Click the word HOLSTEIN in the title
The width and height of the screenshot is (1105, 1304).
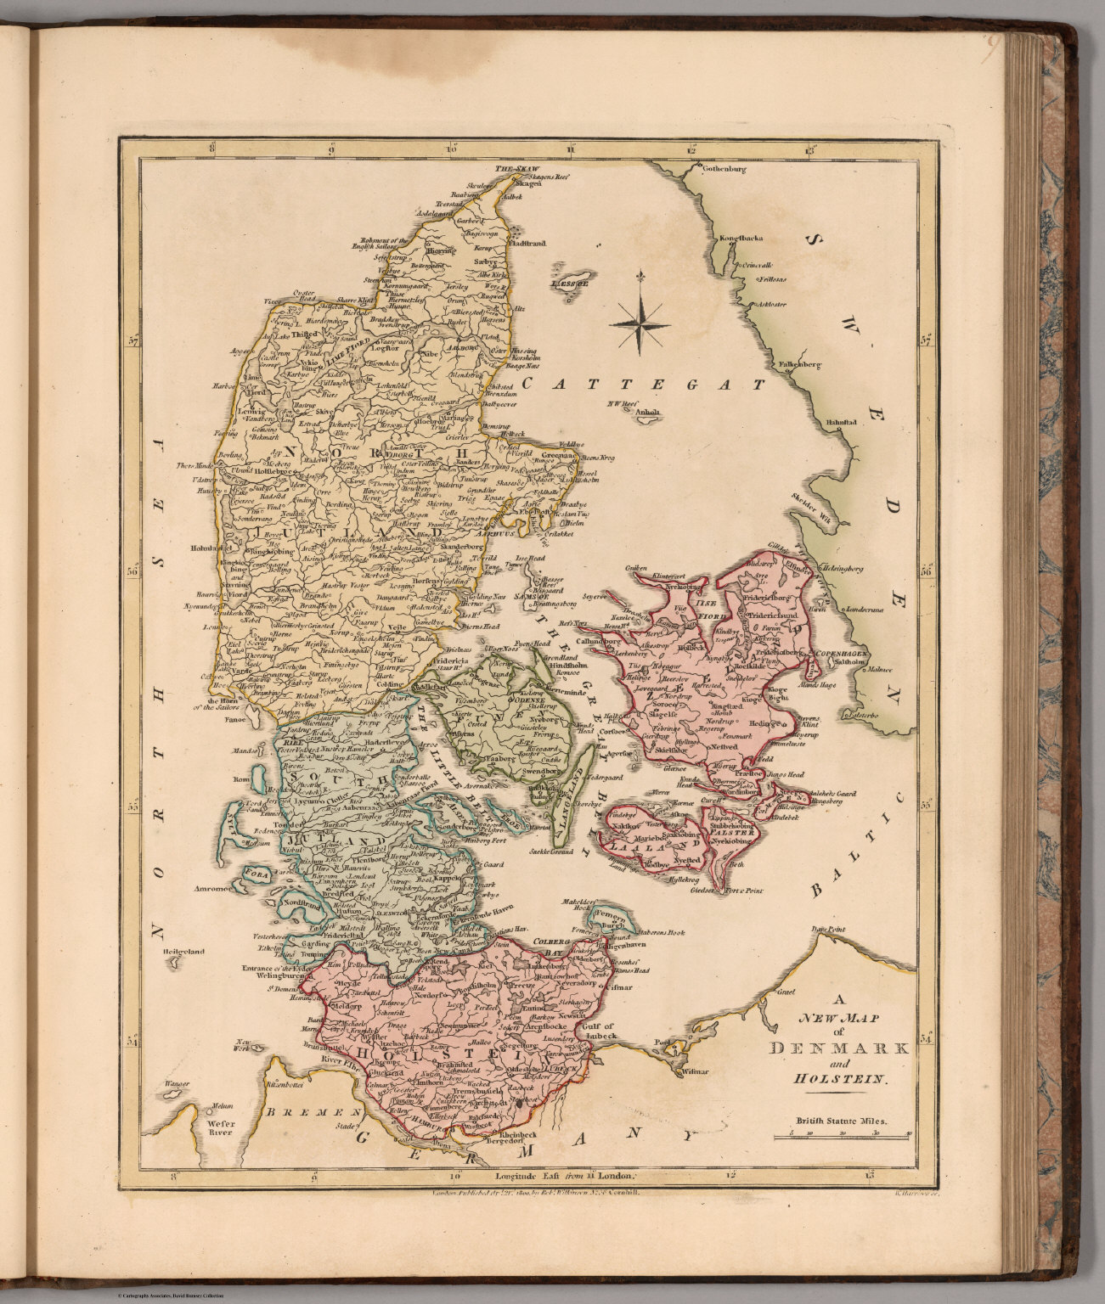click(x=838, y=1081)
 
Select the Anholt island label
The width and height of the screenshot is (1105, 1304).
click(x=650, y=414)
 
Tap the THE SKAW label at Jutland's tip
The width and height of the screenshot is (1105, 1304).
click(x=518, y=168)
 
